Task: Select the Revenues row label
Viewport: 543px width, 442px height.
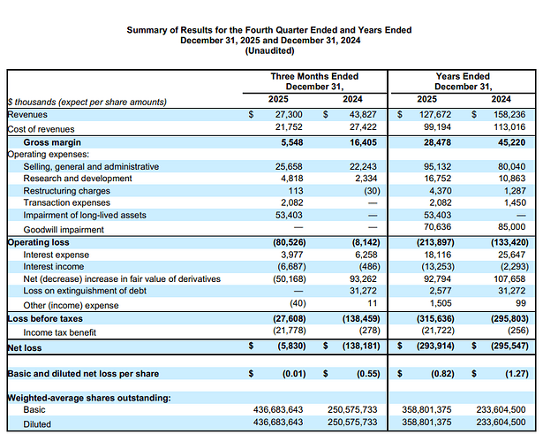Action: pos(28,115)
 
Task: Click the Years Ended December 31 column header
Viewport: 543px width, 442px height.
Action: pos(463,81)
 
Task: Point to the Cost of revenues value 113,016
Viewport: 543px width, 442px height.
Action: pos(513,128)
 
